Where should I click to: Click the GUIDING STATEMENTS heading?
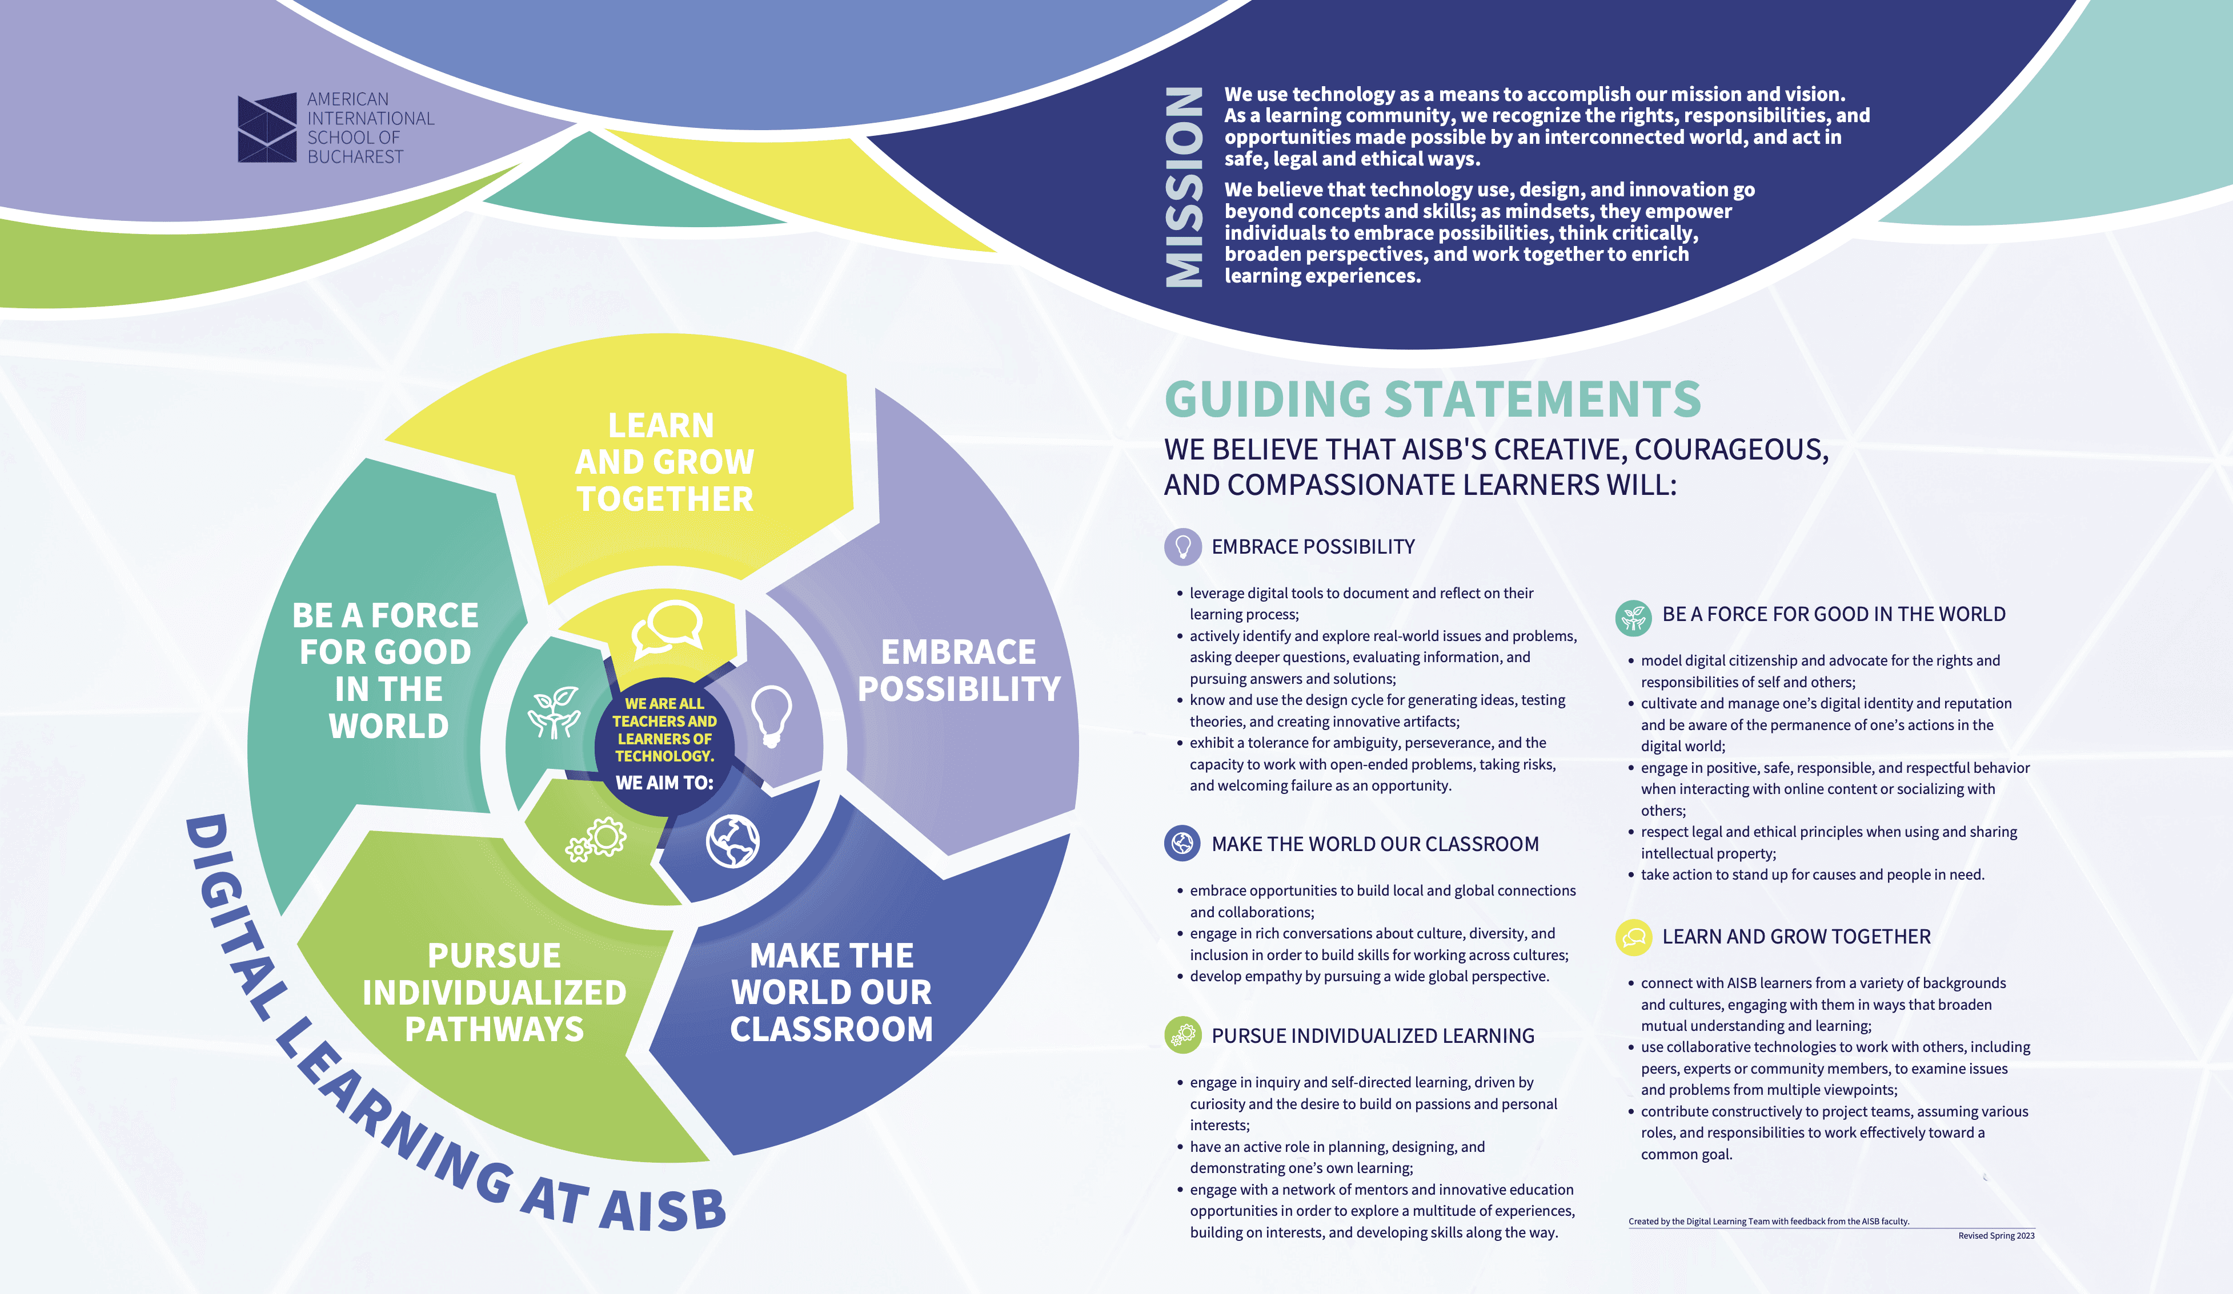point(1432,400)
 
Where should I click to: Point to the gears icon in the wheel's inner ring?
point(596,840)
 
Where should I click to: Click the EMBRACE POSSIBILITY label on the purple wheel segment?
point(958,671)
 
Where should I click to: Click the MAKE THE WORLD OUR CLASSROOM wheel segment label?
point(831,992)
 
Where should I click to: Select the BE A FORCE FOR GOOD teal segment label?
point(386,671)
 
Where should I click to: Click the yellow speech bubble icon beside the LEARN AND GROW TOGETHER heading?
point(1633,937)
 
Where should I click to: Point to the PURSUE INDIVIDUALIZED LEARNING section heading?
point(1373,1036)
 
